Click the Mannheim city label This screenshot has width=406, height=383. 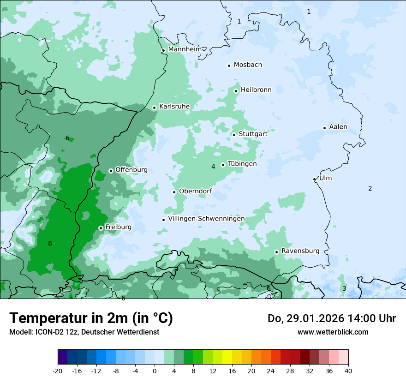185,49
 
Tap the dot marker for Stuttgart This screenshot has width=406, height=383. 234,135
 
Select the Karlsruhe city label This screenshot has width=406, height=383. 174,107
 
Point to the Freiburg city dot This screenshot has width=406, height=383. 101,228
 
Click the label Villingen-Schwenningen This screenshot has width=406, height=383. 206,219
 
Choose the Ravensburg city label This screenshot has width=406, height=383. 300,251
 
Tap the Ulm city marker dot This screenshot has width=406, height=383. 314,179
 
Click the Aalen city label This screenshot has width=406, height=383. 338,127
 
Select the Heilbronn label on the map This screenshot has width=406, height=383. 256,90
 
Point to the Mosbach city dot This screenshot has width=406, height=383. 229,66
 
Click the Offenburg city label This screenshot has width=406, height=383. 131,170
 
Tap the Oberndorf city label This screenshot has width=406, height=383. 195,191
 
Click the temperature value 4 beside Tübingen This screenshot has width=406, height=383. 213,167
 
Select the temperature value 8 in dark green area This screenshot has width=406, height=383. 50,243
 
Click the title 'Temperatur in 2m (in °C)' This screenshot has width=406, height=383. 91,318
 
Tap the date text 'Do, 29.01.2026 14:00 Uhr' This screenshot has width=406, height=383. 331,318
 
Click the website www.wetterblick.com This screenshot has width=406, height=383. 333,332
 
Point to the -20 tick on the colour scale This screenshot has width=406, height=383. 58,371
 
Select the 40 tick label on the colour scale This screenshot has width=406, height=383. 348,371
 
